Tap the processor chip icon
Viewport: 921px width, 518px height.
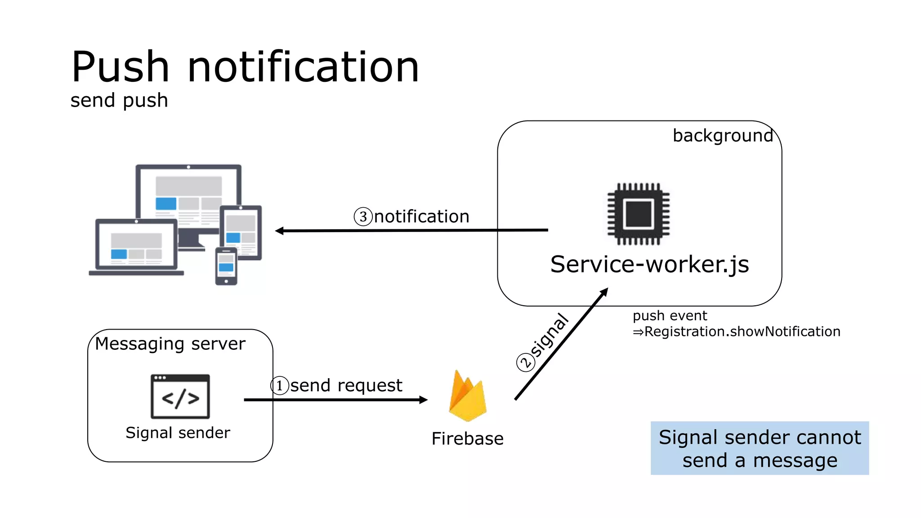pyautogui.click(x=638, y=214)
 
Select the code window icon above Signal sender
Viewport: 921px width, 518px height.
pyautogui.click(x=180, y=397)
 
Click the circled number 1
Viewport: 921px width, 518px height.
pyautogui.click(x=279, y=386)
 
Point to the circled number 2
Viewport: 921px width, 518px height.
pyautogui.click(x=525, y=362)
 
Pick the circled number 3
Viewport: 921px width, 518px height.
pyautogui.click(x=363, y=217)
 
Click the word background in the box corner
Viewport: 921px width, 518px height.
pyautogui.click(x=722, y=135)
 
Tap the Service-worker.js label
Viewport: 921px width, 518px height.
pyautogui.click(x=649, y=264)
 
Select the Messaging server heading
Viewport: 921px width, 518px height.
pyautogui.click(x=170, y=344)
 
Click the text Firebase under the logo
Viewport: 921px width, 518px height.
pyautogui.click(x=467, y=439)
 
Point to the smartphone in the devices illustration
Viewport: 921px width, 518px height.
pyautogui.click(x=226, y=266)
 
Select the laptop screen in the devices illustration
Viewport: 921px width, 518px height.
pyautogui.click(x=136, y=246)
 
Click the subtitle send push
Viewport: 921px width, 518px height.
pyautogui.click(x=119, y=100)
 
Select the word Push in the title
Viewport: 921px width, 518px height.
pyautogui.click(x=120, y=67)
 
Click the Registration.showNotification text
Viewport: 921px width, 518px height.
pyautogui.click(x=742, y=332)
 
